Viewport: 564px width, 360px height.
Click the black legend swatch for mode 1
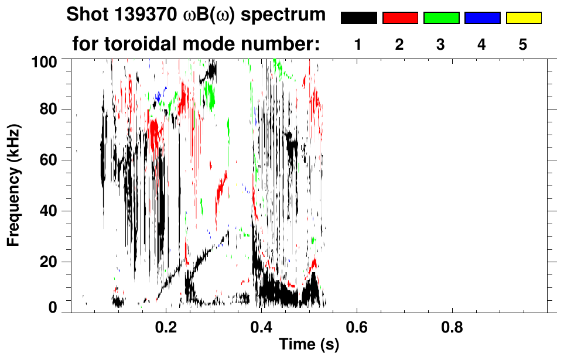pyautogui.click(x=358, y=18)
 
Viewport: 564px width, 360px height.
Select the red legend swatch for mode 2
pyautogui.click(x=400, y=18)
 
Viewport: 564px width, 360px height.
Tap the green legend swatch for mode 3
pyautogui.click(x=441, y=18)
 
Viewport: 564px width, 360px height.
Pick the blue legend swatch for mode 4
pyautogui.click(x=482, y=18)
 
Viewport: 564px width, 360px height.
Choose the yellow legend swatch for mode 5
pyautogui.click(x=524, y=18)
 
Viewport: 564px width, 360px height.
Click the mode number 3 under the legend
pyautogui.click(x=441, y=44)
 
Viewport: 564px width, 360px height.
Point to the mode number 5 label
pyautogui.click(x=524, y=44)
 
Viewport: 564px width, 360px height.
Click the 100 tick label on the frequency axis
pyautogui.click(x=44, y=60)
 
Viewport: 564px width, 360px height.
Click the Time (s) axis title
pyautogui.click(x=308, y=345)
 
